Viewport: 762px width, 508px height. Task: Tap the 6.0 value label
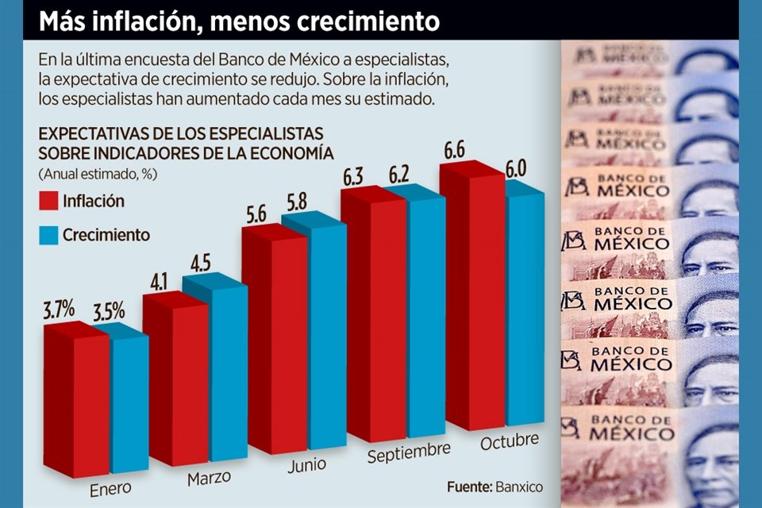point(517,169)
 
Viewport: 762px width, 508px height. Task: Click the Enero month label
point(111,486)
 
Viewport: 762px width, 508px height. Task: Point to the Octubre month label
point(509,441)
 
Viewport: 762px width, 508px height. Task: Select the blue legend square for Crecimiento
point(48,235)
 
